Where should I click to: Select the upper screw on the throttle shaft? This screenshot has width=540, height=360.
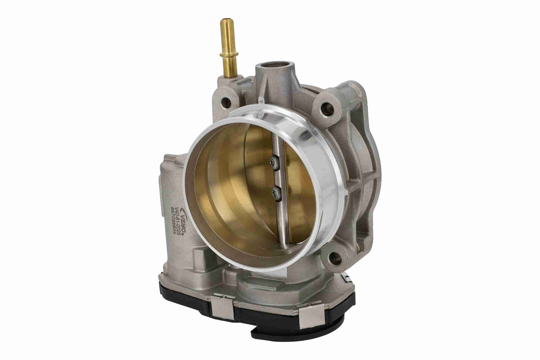pos(276,163)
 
